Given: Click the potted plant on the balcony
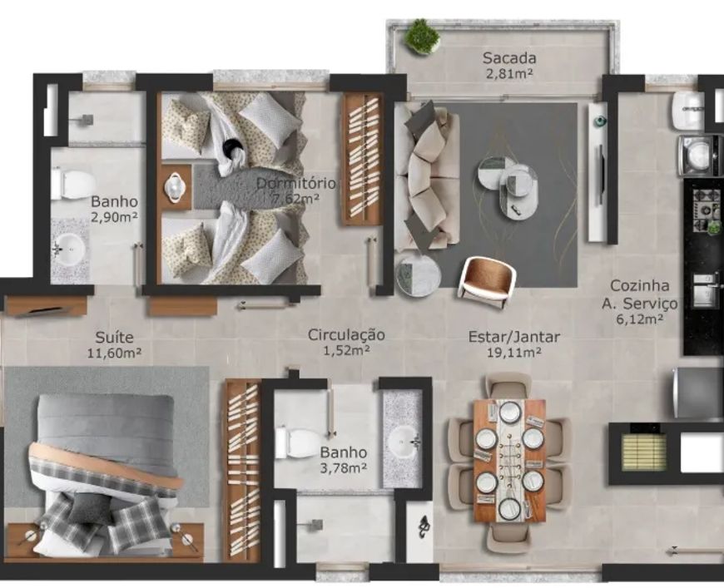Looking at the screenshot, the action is point(421,37).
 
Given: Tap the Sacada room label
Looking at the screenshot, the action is point(509,58).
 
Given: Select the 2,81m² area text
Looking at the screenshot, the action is point(510,74).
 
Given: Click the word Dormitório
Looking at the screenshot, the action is point(296,183).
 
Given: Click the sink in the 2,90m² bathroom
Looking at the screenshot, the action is point(70,249).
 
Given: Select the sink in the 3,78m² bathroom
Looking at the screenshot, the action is point(404,441).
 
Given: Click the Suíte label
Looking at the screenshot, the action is point(114,337).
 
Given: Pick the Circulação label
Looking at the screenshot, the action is point(346,334).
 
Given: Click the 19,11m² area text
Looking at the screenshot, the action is point(514,353).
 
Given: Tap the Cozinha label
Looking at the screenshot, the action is point(639,285).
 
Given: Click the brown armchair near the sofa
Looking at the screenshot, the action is point(488,283).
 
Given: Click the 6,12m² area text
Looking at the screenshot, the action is point(640,319).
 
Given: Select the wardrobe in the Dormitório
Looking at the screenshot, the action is point(363,160).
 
